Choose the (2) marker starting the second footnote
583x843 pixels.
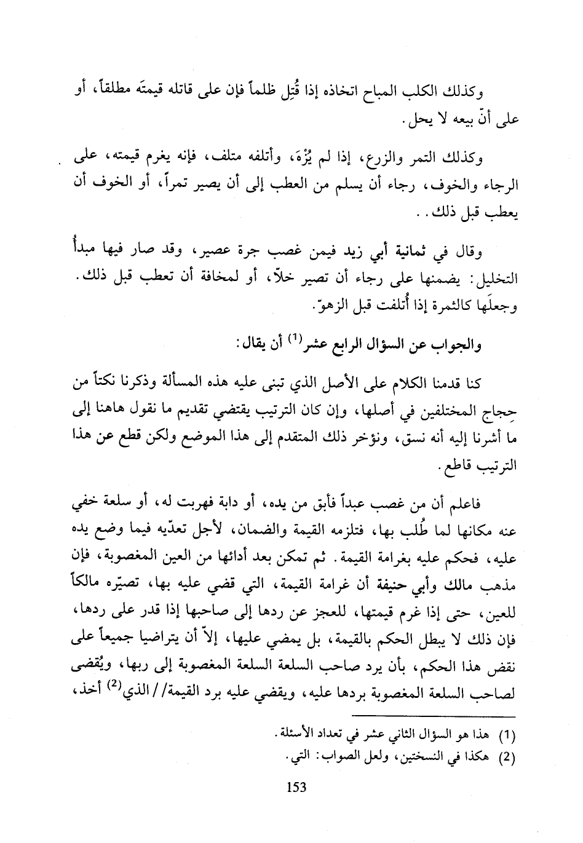tap(508, 757)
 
